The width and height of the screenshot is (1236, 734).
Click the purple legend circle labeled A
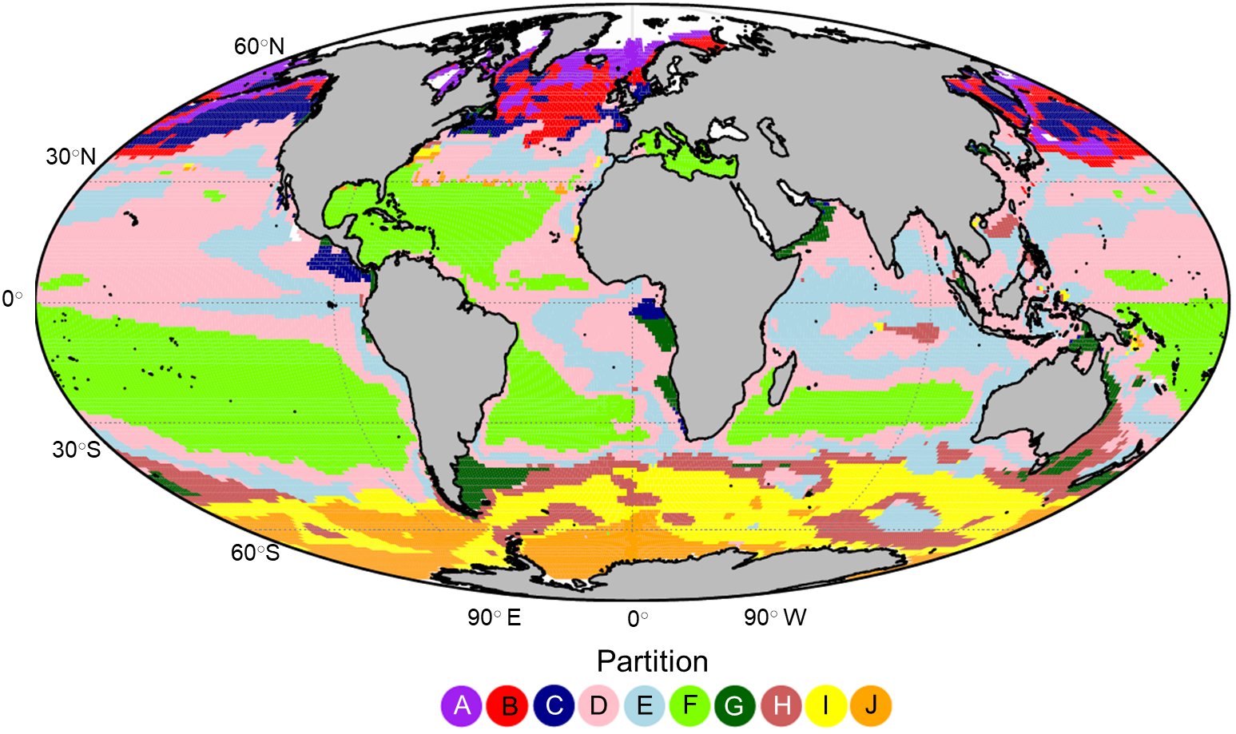461,705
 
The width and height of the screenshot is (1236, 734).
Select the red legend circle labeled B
507,705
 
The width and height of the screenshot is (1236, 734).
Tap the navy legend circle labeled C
554,705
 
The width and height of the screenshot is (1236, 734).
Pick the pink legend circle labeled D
598,705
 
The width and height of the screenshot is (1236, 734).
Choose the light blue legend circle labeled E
644,705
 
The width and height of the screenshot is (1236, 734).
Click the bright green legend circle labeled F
690,705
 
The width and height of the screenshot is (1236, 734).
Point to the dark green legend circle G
734,705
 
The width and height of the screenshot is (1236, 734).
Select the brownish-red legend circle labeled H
781,705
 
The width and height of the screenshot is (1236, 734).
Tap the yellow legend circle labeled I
825,705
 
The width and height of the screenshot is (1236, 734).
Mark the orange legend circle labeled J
871,705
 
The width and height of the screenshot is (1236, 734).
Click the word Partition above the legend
652,661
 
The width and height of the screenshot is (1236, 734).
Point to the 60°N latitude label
259,46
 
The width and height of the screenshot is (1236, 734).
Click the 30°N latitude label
70,157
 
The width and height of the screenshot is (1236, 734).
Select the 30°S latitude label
77,450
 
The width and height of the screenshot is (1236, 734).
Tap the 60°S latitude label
256,553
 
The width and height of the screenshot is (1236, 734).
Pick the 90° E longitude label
494,617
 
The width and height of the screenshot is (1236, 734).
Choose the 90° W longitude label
775,617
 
